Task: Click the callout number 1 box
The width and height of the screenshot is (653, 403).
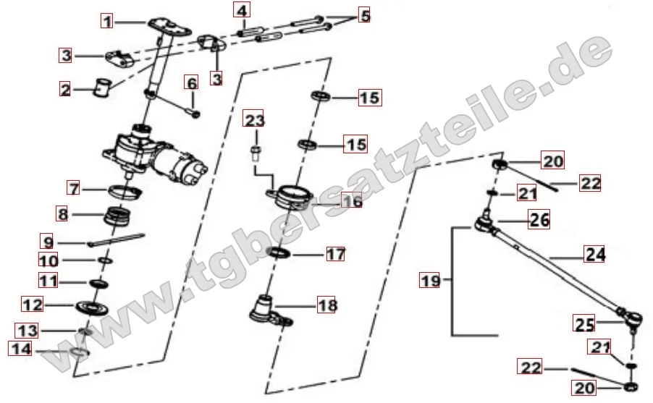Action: tap(108, 21)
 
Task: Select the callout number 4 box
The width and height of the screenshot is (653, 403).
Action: tap(242, 10)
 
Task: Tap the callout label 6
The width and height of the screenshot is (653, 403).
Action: tap(192, 83)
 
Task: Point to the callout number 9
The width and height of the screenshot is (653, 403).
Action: tap(48, 242)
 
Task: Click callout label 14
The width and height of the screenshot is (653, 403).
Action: tap(21, 348)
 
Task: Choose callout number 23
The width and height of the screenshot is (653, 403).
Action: tap(254, 120)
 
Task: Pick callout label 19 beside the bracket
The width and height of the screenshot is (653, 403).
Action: tap(431, 280)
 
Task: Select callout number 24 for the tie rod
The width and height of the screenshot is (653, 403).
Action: tap(594, 254)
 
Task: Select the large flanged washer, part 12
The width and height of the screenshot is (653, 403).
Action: tap(93, 307)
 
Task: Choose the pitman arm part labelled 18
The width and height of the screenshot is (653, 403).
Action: tap(270, 311)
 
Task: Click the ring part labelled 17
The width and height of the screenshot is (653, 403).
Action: tap(279, 253)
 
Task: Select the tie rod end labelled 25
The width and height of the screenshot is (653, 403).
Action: tap(631, 319)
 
